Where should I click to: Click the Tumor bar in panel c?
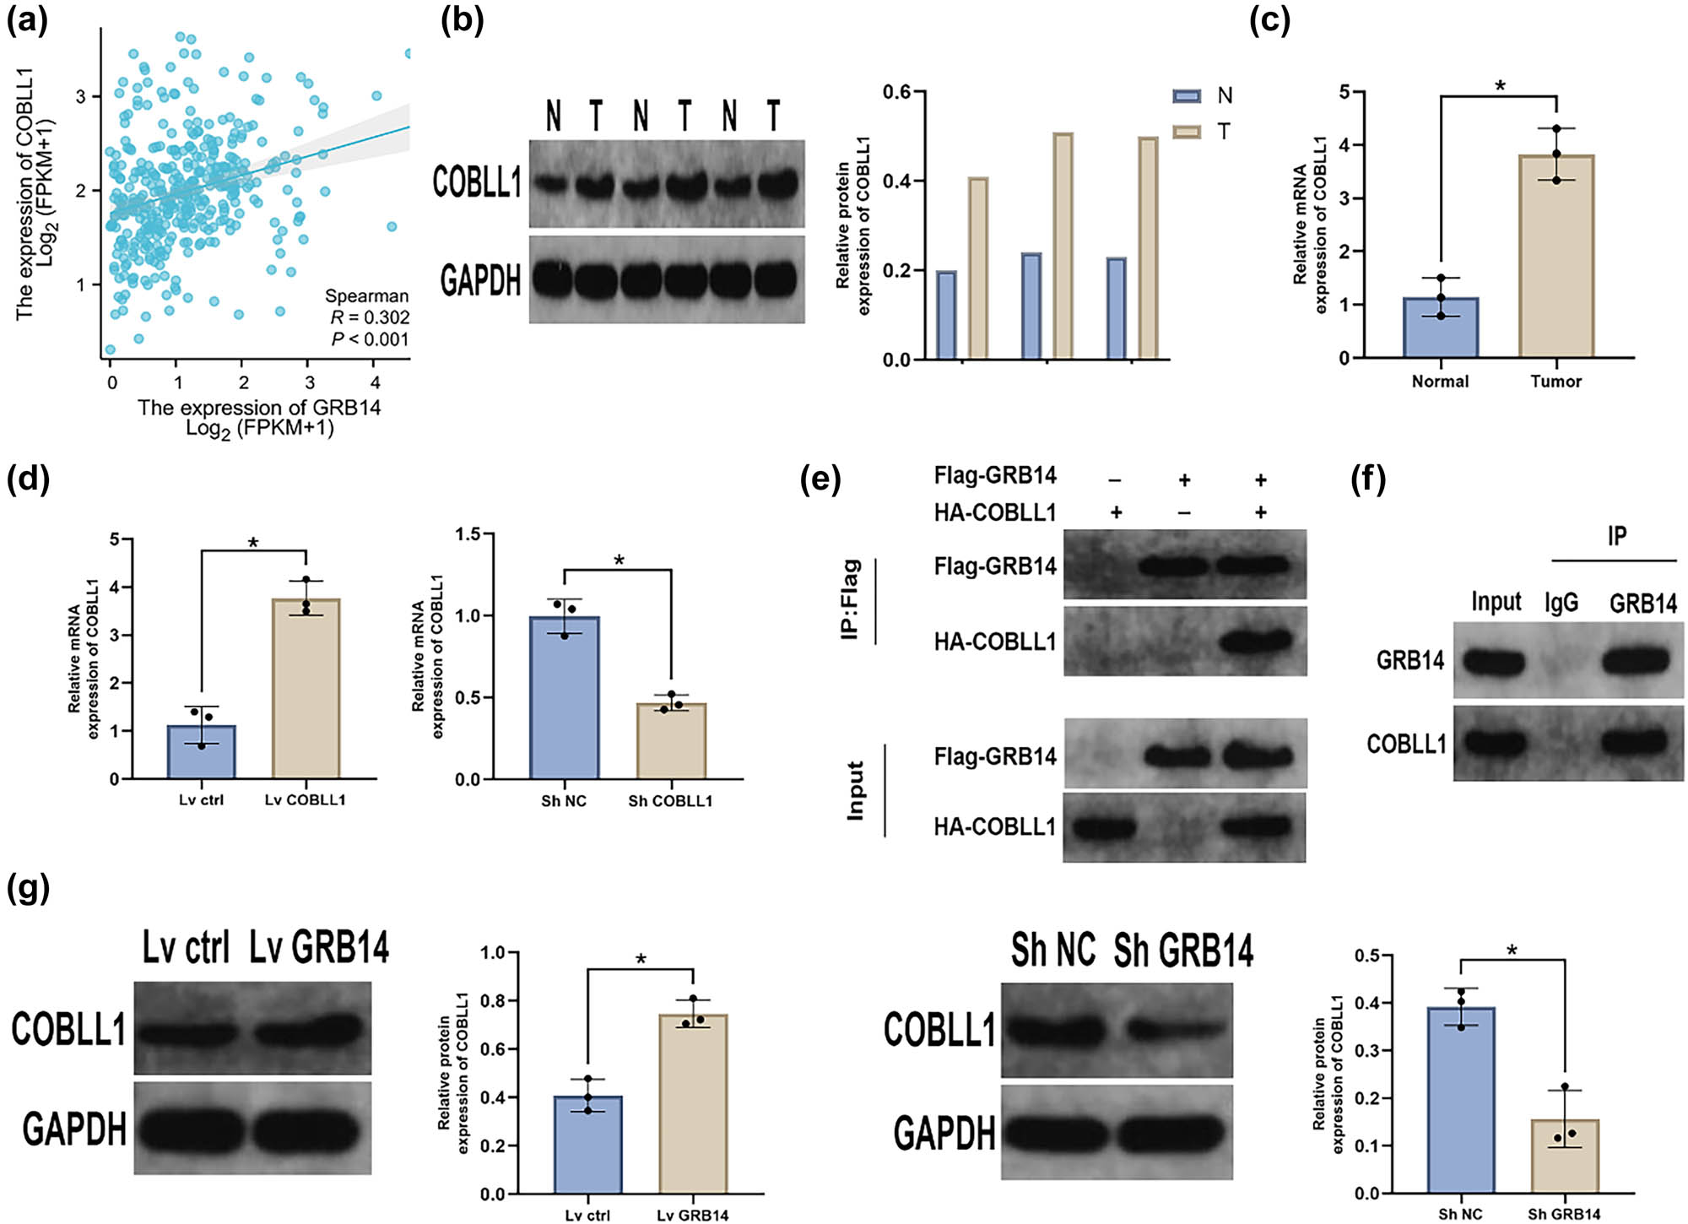coord(1555,257)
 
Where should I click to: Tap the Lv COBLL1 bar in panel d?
coord(306,689)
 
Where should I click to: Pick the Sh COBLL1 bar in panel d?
coord(670,741)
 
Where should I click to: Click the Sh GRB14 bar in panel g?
coord(1564,1156)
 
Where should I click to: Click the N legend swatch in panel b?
coord(1187,96)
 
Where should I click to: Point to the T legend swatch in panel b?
coord(1187,132)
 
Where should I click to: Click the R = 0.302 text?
coord(370,317)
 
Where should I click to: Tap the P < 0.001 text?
coord(370,339)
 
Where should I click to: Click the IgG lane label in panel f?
coord(1561,602)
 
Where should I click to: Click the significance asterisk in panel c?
coord(1500,85)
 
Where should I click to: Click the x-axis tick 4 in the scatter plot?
coord(376,382)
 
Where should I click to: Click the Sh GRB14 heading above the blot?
coord(1182,951)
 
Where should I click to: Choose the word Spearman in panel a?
coord(366,295)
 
